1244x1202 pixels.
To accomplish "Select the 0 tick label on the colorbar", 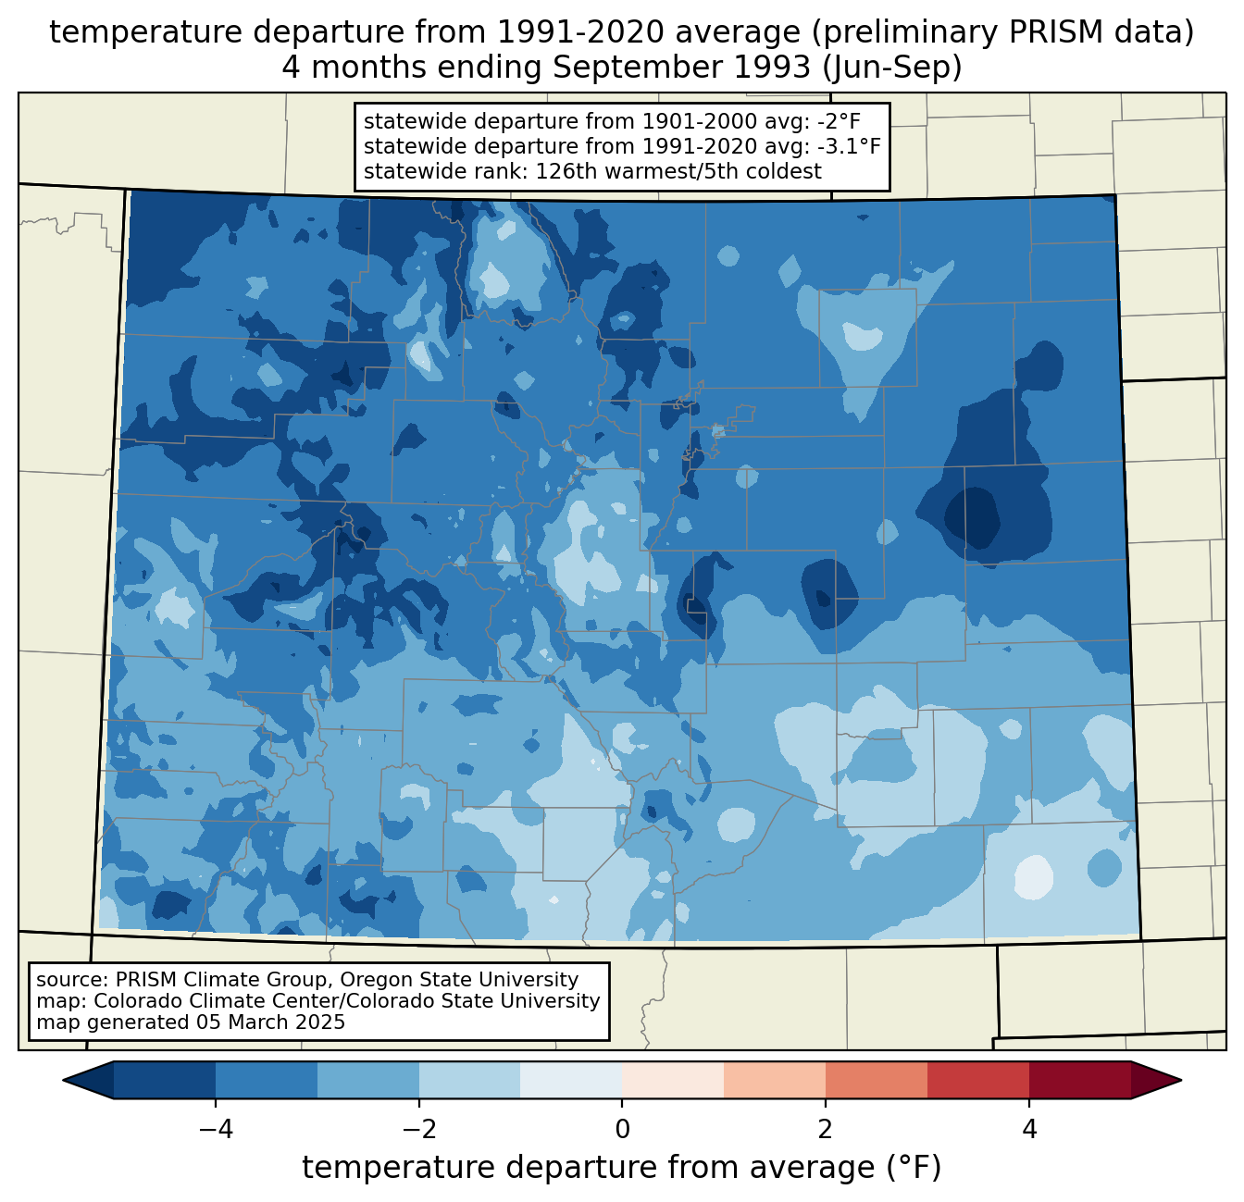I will [622, 1130].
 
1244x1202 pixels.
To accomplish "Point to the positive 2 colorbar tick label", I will [826, 1130].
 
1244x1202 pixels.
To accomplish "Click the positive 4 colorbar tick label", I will [1029, 1130].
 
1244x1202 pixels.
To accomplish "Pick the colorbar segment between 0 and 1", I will [673, 1080].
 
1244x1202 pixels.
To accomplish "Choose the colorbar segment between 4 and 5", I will [1079, 1080].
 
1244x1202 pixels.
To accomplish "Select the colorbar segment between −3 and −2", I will [367, 1080].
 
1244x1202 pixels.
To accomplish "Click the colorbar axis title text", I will [621, 1168].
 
